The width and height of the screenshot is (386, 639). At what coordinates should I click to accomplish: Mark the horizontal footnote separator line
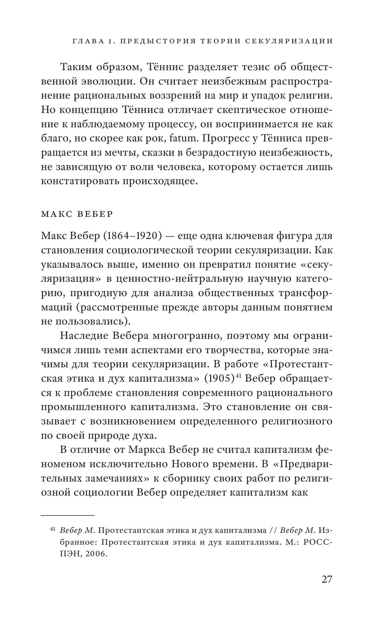pos(67,515)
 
